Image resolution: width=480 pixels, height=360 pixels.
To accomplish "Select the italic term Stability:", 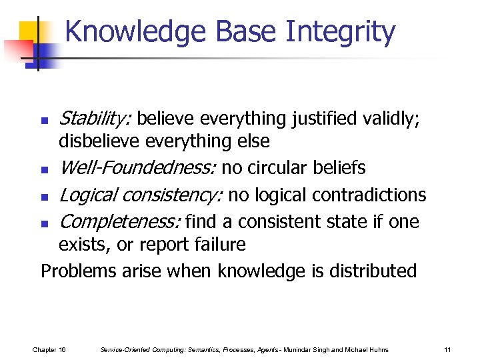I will click(95, 119).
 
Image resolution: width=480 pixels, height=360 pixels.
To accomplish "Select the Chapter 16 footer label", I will click(49, 349).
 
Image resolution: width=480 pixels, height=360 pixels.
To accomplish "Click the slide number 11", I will click(447, 349).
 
